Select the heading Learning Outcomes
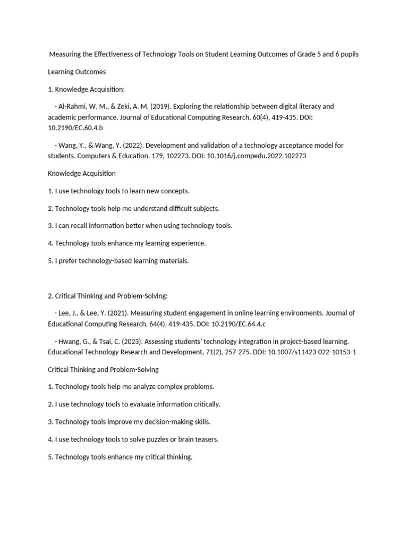tap(77, 71)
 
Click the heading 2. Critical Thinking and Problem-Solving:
tap(108, 295)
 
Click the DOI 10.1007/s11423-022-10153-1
tap(312, 352)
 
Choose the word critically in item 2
tap(205, 404)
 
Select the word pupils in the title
tap(347, 54)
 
